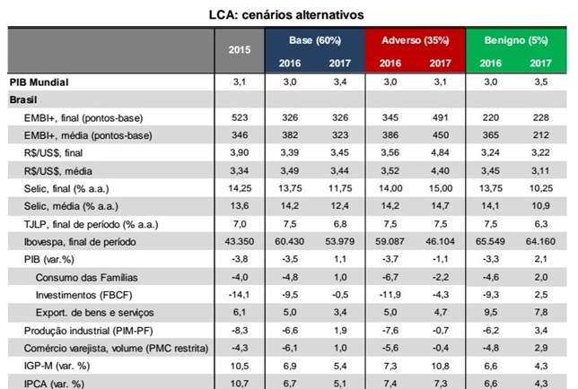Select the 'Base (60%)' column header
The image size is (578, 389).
[x=314, y=41]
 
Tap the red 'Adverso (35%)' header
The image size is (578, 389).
[x=415, y=41]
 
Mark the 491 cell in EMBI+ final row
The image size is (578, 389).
[x=441, y=117]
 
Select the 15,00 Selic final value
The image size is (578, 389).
[x=441, y=187]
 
